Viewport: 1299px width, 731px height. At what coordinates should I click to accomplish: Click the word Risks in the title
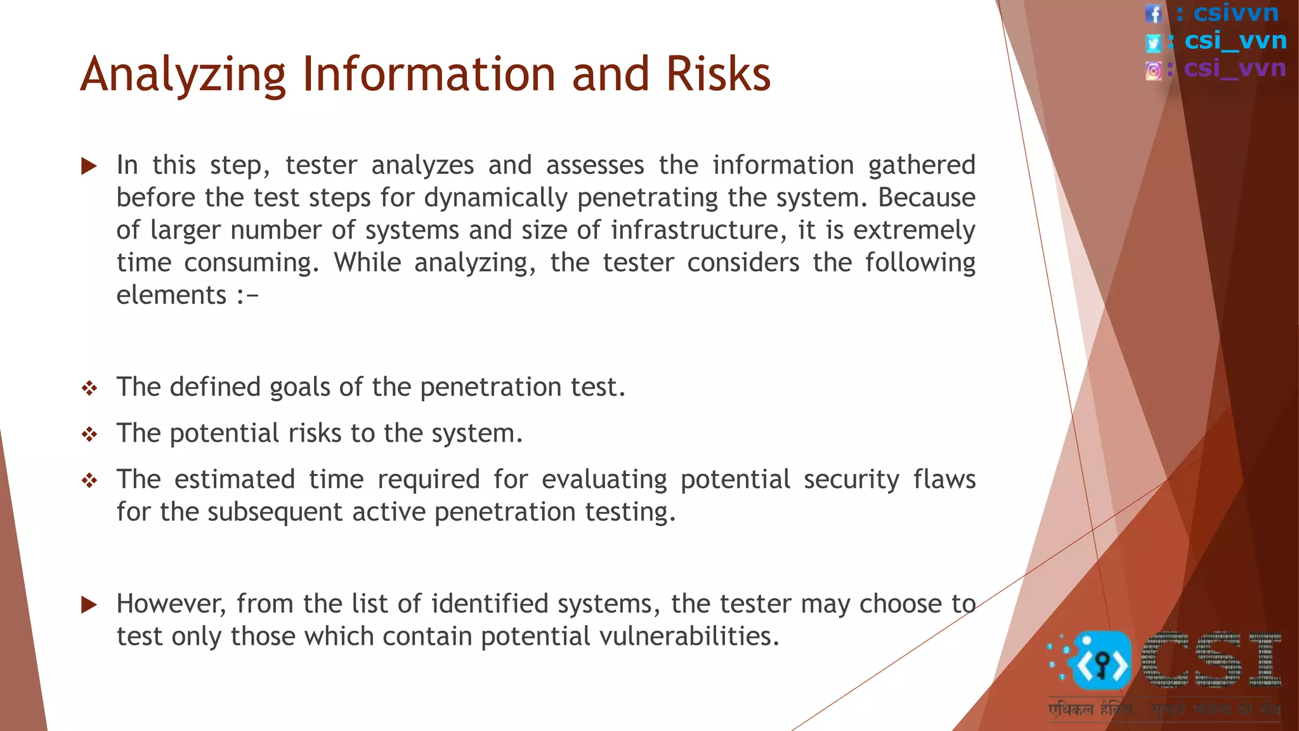[718, 74]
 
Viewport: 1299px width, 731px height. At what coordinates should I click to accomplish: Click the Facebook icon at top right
[1153, 14]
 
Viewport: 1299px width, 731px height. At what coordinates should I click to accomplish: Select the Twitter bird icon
[1153, 43]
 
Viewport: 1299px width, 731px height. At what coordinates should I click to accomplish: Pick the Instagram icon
[1154, 70]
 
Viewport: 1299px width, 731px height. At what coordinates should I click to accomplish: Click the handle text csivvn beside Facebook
[1236, 13]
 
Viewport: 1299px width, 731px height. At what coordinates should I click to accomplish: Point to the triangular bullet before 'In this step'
[89, 166]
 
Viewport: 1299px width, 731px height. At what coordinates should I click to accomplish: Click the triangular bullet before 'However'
[89, 605]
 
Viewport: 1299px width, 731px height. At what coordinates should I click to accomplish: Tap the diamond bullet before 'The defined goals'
[89, 388]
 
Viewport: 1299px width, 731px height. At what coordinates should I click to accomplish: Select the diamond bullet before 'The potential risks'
[89, 435]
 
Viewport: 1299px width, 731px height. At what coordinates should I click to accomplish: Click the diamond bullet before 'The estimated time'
[89, 481]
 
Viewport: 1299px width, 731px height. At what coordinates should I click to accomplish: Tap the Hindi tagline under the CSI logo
[1164, 709]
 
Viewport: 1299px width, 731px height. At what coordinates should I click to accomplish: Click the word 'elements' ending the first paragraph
[171, 295]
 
